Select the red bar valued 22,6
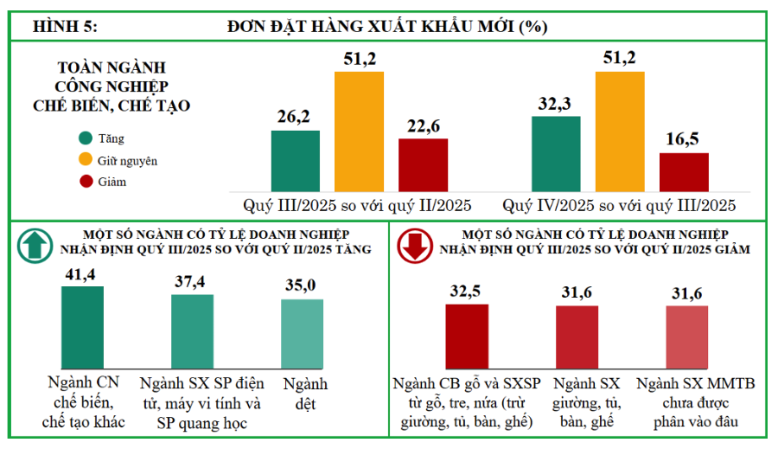[423, 165]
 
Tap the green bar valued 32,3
[556, 154]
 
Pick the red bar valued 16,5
[684, 173]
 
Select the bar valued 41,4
[82, 327]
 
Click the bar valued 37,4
[192, 331]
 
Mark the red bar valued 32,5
[467, 337]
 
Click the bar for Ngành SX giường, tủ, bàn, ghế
[577, 337]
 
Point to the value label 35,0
[302, 285]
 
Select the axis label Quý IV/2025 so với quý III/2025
[619, 206]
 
